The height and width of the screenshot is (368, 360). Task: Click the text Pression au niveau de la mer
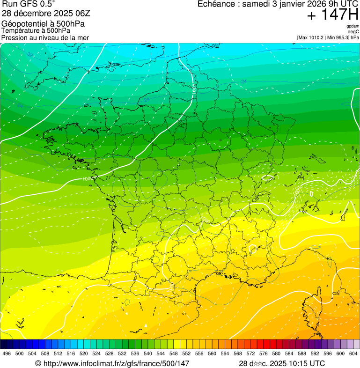(45, 37)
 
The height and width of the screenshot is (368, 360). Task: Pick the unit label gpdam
(353, 26)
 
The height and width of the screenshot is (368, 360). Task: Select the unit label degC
(353, 31)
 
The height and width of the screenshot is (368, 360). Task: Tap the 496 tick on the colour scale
(7, 353)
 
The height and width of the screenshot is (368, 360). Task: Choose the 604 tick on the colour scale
(353, 353)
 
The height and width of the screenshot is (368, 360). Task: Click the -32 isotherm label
(30, 55)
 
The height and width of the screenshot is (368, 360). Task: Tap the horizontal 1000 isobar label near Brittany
(87, 179)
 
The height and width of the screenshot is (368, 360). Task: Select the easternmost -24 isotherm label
(243, 82)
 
